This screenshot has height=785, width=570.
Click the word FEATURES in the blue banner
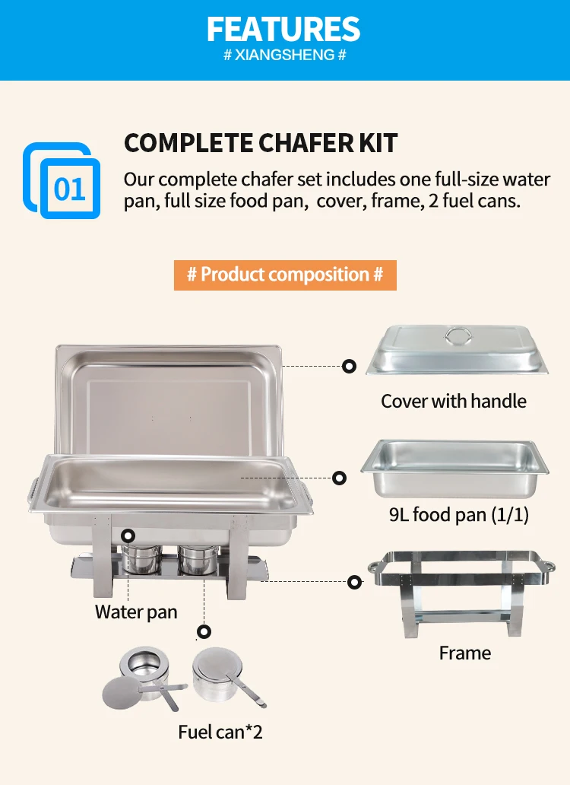[283, 29]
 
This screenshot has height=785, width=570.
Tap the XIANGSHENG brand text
[284, 55]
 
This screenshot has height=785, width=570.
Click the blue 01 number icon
[62, 181]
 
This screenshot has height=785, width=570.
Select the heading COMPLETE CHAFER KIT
[261, 143]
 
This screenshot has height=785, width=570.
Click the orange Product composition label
[285, 275]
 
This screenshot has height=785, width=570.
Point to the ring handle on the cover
[458, 336]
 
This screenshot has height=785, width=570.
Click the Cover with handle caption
[454, 401]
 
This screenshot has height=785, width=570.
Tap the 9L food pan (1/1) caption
[458, 515]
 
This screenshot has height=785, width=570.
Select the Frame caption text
[465, 653]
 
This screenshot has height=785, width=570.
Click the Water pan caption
[136, 612]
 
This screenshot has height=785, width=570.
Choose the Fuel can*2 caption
[220, 732]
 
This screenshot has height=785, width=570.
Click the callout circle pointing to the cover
[349, 366]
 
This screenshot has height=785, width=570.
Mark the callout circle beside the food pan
[340, 478]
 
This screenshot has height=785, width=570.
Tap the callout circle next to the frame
[354, 582]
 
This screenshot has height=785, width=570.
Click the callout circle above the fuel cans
[204, 631]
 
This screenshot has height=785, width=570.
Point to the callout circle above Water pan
[128, 536]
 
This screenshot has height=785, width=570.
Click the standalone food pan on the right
[454, 468]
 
